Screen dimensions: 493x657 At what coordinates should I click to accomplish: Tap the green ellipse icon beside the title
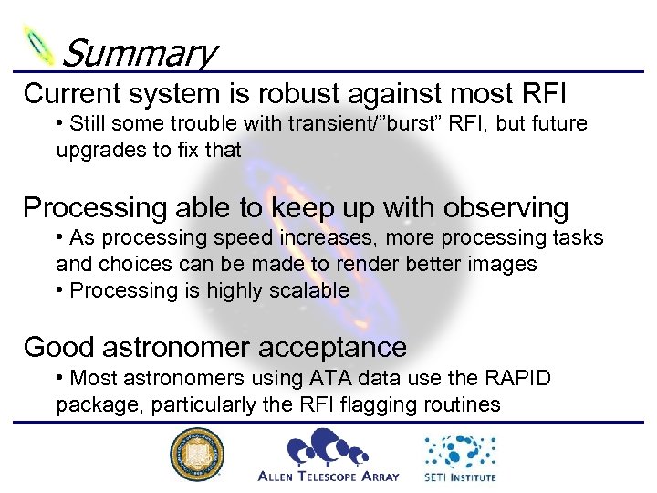pyautogui.click(x=39, y=44)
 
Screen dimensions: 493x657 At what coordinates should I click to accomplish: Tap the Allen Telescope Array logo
pyautogui.click(x=328, y=455)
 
